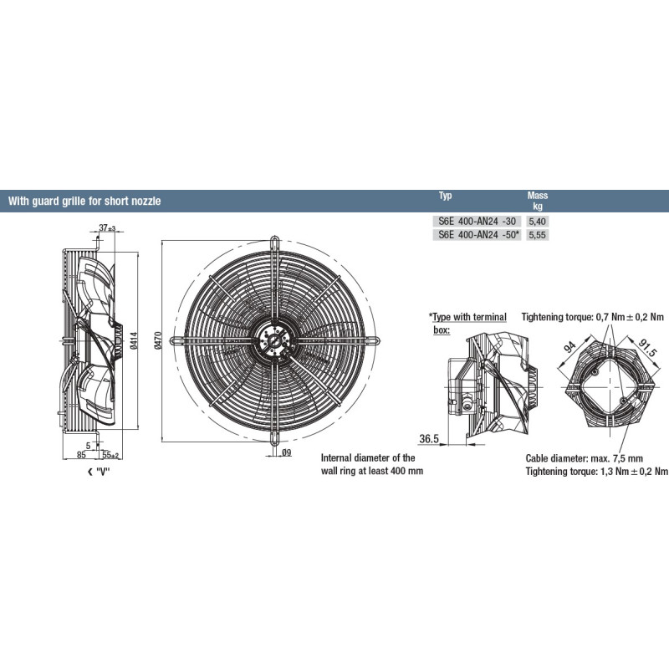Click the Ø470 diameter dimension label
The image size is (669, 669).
click(x=158, y=341)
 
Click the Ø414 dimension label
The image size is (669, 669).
click(x=135, y=341)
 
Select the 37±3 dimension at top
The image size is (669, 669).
click(x=107, y=227)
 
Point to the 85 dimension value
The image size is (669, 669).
click(x=81, y=455)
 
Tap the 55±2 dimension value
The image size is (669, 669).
click(x=110, y=455)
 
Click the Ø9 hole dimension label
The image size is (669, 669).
click(x=286, y=452)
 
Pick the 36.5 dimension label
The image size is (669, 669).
click(x=429, y=438)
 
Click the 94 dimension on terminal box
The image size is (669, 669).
click(x=570, y=347)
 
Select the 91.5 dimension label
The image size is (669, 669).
click(x=647, y=347)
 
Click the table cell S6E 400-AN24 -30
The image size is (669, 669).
click(x=477, y=221)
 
